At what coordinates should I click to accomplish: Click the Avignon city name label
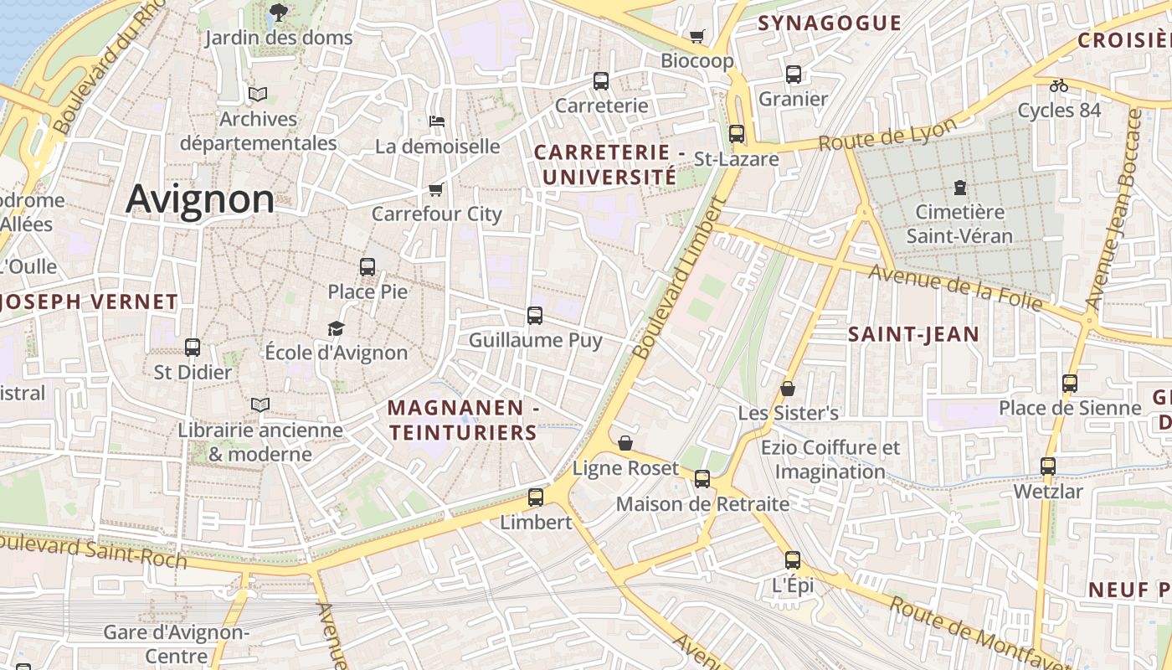point(199,199)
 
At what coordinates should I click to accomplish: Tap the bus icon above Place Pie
point(368,267)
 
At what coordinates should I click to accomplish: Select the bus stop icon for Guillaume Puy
point(535,316)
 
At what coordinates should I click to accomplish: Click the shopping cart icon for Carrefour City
point(435,189)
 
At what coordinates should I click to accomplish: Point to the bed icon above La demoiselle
point(436,121)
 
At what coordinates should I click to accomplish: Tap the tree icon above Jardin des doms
point(278,13)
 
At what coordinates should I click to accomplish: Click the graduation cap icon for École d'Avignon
point(336,328)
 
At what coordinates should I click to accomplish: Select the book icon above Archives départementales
point(258,95)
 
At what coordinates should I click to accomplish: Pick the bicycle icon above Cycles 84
point(1059,85)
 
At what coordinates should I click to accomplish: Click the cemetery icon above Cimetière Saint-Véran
point(959,188)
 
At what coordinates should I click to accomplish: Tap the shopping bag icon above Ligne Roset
point(625,443)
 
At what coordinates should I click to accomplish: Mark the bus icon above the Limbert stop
point(536,497)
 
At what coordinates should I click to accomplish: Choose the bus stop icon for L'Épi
point(792,560)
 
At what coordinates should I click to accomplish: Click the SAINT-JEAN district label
point(913,335)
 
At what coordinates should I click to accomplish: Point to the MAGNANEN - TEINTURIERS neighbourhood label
point(463,420)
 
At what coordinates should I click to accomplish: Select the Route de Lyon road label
point(887,134)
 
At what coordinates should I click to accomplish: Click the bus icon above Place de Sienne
point(1070,384)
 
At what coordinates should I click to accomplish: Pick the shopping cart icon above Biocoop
point(697,36)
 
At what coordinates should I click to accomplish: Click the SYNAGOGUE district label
point(830,23)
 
